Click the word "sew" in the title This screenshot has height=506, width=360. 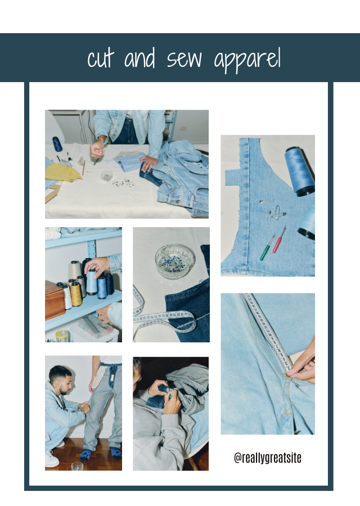pos(184,59)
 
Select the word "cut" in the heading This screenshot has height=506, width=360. pos(101,59)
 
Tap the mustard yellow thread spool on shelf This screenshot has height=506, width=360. pos(75,293)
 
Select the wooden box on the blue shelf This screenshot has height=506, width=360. pos(55,300)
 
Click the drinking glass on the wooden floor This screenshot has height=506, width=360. pos(77,466)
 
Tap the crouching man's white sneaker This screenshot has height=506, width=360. pos(52,459)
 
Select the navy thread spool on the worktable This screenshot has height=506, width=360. pos(57,144)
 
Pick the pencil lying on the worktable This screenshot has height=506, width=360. pos(84,168)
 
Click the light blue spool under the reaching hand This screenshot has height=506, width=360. pos(92,282)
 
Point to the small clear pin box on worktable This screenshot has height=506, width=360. pos(106,175)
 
